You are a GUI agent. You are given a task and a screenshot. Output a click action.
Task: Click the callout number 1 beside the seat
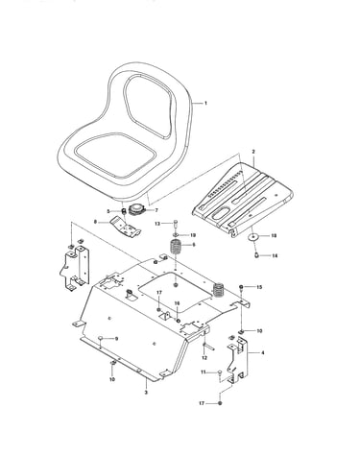coord(205,103)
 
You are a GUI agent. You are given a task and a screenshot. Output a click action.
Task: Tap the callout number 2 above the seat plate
coord(253,152)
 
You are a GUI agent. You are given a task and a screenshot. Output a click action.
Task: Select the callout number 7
coord(156,210)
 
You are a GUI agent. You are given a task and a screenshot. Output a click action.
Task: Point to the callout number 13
coord(157,224)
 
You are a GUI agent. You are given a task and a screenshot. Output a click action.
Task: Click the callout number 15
coord(259,287)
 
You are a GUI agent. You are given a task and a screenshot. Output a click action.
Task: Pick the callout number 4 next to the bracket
coord(263,353)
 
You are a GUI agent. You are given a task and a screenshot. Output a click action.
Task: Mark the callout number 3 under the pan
coord(146,392)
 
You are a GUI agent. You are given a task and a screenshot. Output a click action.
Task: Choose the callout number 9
coord(116,338)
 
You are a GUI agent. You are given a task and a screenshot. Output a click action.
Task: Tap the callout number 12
coord(204,358)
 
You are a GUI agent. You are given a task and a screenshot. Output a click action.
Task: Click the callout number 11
coord(204,372)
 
